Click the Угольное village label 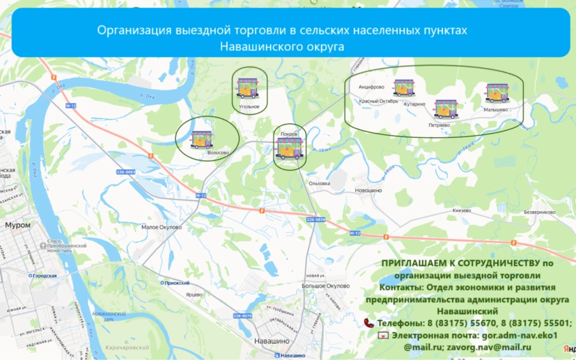coord(249,106)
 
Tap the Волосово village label coord(218,153)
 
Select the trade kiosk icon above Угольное coord(246,88)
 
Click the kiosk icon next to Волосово coord(202,139)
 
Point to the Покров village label coord(289,134)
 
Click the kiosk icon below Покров coord(290,149)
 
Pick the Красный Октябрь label coord(379,101)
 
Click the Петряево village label coord(439,125)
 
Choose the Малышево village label coord(495,109)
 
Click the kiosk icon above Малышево coord(497,93)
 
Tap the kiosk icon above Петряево coord(445,109)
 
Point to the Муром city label coord(17,225)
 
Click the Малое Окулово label coord(161,227)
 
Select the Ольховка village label coord(320,183)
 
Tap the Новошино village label coord(368,190)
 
